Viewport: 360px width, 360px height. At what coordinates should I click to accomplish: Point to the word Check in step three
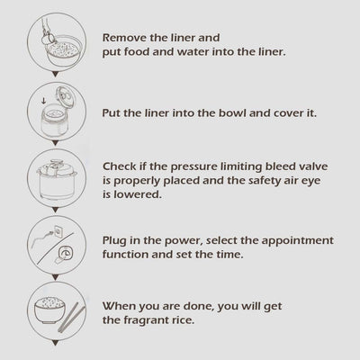click(x=120, y=166)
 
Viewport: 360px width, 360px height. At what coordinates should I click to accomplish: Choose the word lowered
click(x=138, y=194)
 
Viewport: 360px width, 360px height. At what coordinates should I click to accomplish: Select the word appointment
click(x=297, y=241)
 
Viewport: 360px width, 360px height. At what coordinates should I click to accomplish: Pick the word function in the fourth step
click(x=125, y=255)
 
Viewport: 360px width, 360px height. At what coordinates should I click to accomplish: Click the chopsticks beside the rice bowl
click(x=71, y=318)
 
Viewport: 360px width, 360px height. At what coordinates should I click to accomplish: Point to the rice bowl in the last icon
click(x=49, y=310)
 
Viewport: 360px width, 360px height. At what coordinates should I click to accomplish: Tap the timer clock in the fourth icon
click(x=65, y=254)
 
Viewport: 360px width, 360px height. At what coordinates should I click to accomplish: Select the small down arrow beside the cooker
click(x=44, y=100)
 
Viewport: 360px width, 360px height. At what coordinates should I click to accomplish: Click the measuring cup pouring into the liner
click(x=49, y=39)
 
